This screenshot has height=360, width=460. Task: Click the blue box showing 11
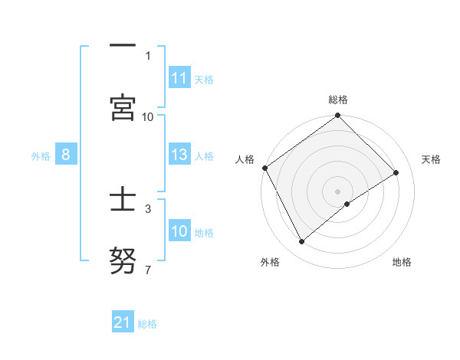point(179,78)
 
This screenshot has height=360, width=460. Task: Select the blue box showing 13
point(179,155)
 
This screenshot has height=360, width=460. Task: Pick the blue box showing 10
point(179,231)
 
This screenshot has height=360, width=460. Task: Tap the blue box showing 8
point(66,155)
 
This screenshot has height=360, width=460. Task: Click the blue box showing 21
point(123,322)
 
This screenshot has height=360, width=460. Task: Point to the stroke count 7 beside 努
point(148,270)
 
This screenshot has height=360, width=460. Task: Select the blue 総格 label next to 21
point(147,324)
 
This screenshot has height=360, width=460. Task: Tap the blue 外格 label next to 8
point(41,155)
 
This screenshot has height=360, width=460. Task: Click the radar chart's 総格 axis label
point(338,100)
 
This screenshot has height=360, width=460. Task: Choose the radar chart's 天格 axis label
point(432,159)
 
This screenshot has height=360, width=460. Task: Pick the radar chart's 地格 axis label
point(402,262)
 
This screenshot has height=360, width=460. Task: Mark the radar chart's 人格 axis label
point(245,159)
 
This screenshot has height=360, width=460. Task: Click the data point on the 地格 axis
point(347,204)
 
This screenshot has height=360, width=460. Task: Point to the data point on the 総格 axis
point(338,116)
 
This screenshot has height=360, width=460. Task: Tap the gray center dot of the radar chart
point(338,191)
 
